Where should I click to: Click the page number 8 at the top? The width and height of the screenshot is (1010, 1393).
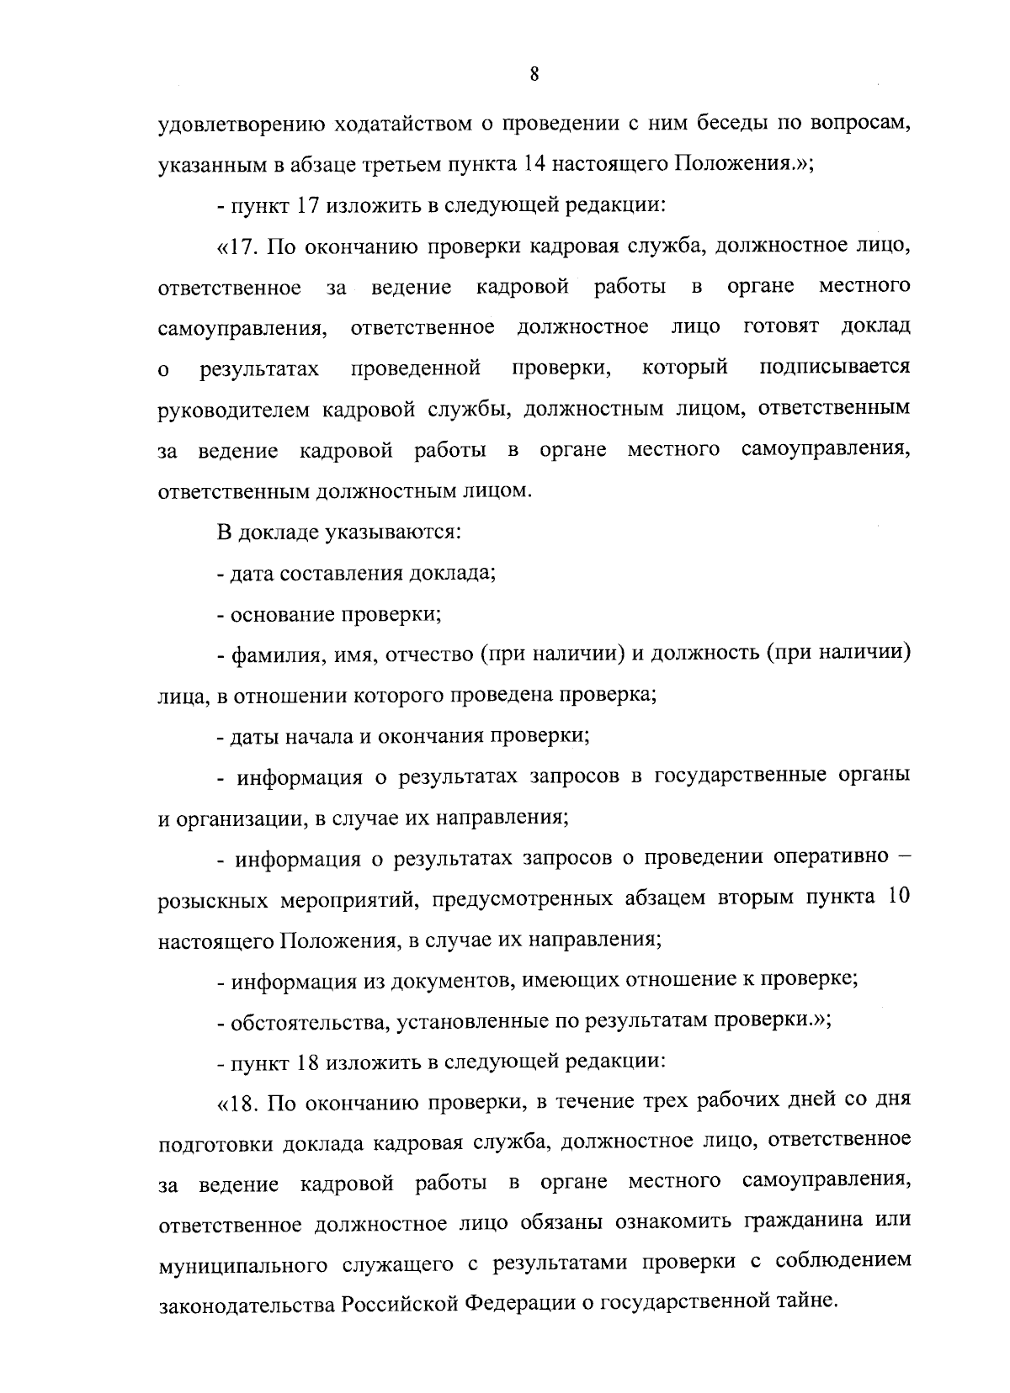[534, 74]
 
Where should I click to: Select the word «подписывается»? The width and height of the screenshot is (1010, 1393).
[834, 368]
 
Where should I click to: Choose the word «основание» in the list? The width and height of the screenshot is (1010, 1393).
[284, 614]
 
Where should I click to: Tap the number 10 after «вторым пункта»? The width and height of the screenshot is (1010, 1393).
[898, 897]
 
